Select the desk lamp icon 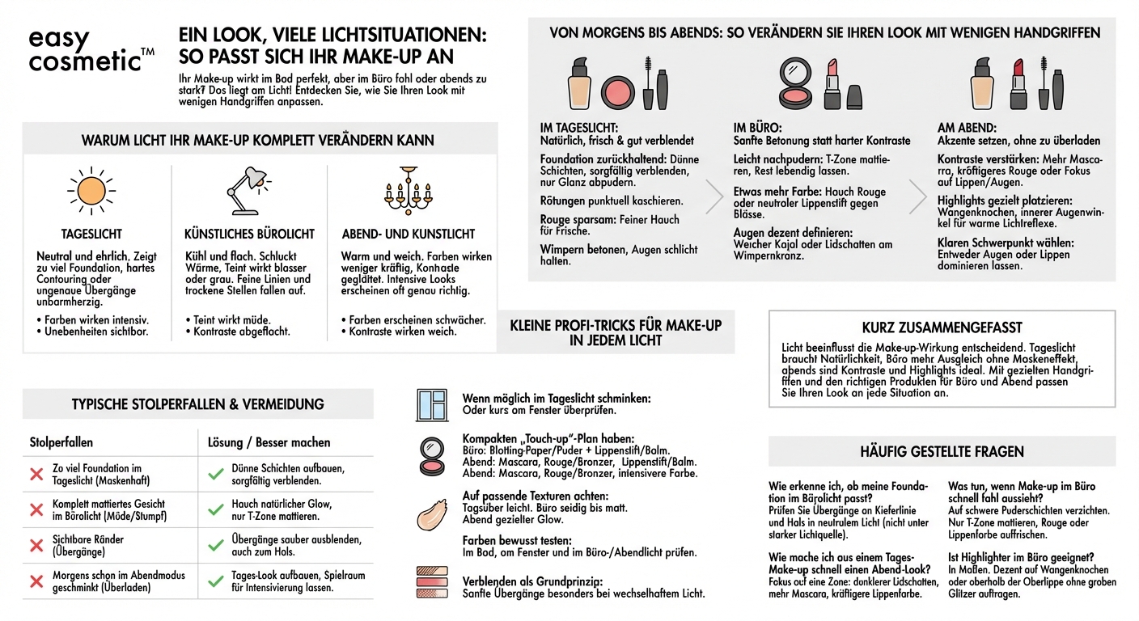[248, 190]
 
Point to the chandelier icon [406, 190]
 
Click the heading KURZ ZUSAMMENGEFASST [941, 327]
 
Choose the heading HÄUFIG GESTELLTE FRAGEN [942, 452]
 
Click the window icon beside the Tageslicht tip [432, 404]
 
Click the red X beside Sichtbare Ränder [36, 545]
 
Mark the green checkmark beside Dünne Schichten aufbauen [215, 474]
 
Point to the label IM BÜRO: [757, 128]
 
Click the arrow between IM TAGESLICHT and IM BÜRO [713, 196]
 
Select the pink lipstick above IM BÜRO [832, 83]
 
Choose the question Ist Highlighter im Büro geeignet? [1021, 557]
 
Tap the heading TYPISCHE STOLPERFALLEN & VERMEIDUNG [197, 404]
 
